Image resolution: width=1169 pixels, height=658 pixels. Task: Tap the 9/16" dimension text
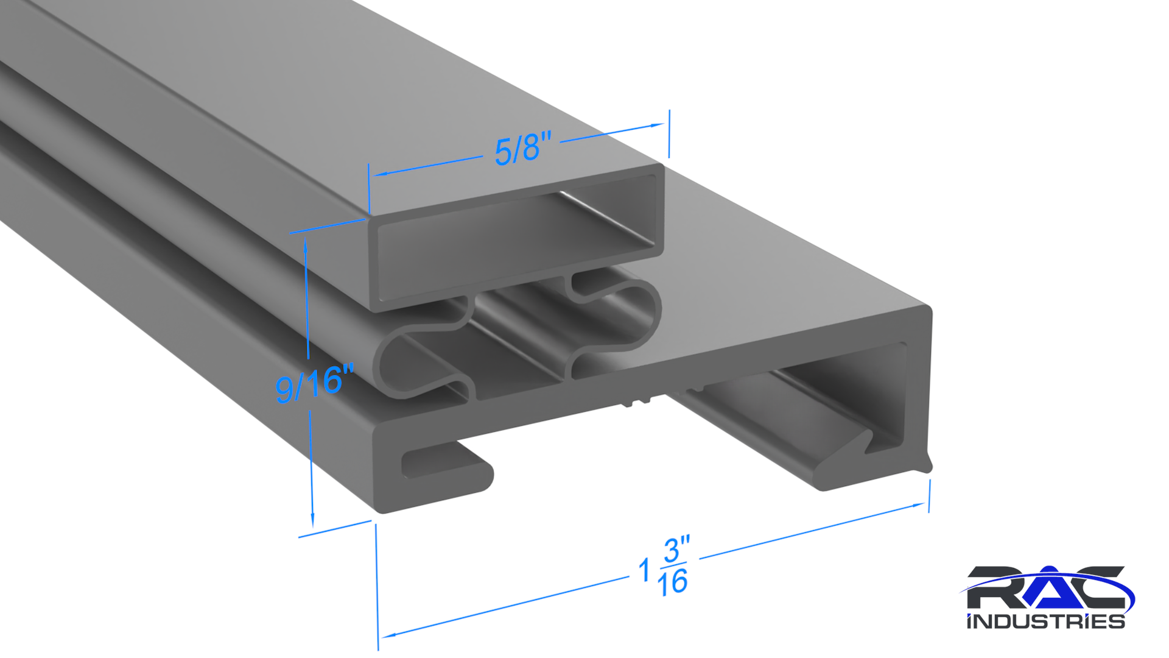314,384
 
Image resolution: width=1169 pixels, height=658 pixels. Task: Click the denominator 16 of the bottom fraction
672,582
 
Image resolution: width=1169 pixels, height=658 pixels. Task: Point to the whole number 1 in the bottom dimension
644,571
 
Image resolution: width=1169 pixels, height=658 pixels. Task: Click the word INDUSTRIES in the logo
1045,621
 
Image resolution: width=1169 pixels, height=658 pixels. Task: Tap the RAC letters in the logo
1046,588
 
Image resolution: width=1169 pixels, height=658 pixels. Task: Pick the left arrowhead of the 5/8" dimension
381,174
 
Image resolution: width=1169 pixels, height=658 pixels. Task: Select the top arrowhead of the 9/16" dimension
305,247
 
